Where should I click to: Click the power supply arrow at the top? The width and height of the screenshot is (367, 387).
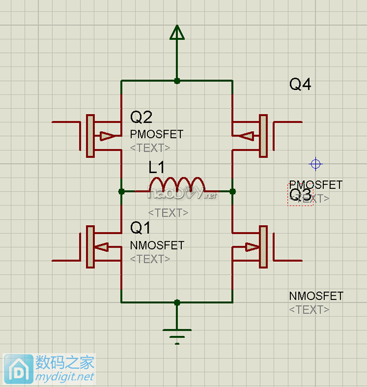pyautogui.click(x=176, y=33)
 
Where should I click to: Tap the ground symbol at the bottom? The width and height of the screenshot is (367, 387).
pyautogui.click(x=176, y=334)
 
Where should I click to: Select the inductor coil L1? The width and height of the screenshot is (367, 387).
pyautogui.click(x=177, y=184)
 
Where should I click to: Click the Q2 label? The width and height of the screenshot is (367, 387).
pyautogui.click(x=141, y=117)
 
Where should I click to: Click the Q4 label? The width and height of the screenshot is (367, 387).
pyautogui.click(x=300, y=85)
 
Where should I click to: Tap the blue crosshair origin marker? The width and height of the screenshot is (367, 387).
pyautogui.click(x=316, y=164)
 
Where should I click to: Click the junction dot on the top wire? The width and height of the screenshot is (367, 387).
pyautogui.click(x=176, y=81)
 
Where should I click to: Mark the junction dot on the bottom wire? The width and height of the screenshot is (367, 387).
pyautogui.click(x=176, y=302)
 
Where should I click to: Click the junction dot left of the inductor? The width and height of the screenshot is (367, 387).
pyautogui.click(x=121, y=191)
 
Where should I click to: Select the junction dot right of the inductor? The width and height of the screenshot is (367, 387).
pyautogui.click(x=233, y=191)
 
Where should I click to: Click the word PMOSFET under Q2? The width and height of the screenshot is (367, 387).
pyautogui.click(x=157, y=134)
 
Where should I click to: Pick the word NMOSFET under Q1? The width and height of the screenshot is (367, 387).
pyautogui.click(x=157, y=246)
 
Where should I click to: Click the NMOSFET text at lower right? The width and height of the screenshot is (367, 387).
pyautogui.click(x=316, y=296)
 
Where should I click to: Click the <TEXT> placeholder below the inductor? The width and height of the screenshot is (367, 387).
pyautogui.click(x=168, y=213)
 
